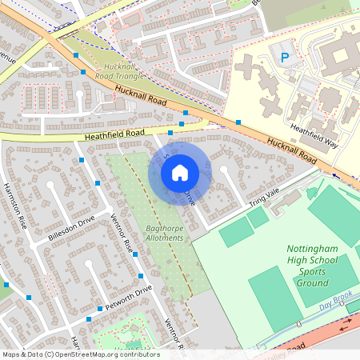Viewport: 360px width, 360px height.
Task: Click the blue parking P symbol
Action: pos(284,57)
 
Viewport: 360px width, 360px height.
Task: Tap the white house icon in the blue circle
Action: pos(180,172)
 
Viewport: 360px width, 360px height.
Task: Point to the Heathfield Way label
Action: pos(314,136)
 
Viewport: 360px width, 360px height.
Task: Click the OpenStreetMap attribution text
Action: pos(80,354)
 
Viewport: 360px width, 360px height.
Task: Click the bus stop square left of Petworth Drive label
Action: pos(99,308)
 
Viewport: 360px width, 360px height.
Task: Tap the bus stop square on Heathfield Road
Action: pos(170,134)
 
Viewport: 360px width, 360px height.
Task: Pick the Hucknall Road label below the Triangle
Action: pos(139,98)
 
